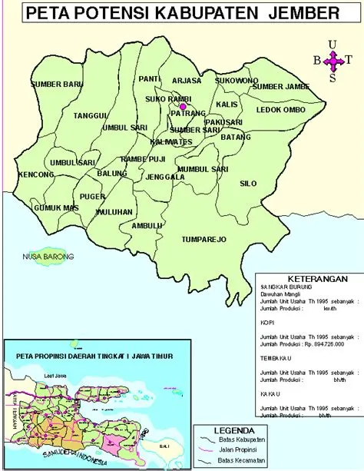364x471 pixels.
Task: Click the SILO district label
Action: [x=248, y=184]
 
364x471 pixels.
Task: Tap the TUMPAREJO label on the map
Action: [x=204, y=240]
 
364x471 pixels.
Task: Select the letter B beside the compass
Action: [x=316, y=60]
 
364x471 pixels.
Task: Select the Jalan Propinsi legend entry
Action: [x=240, y=449]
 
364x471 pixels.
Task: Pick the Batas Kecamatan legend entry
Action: [x=242, y=459]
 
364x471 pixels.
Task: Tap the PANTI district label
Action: [x=148, y=78]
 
